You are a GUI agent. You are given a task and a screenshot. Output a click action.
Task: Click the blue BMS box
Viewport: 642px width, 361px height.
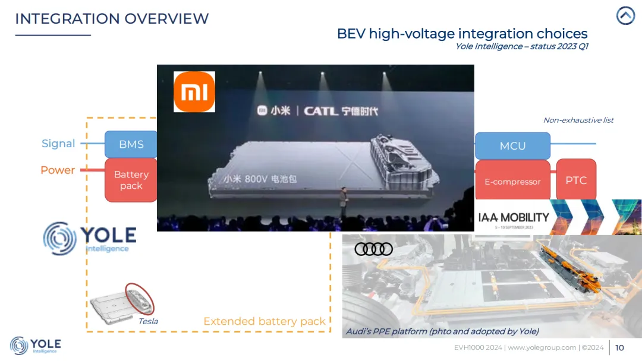[x=131, y=144]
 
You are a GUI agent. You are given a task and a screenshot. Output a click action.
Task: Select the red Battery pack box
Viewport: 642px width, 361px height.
[x=131, y=180]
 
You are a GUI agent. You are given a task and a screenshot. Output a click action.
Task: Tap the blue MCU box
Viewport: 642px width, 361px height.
[x=512, y=145]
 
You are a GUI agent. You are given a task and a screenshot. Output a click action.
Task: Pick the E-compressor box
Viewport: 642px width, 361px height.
[x=512, y=181]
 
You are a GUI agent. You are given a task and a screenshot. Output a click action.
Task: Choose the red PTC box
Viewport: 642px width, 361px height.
[x=576, y=180]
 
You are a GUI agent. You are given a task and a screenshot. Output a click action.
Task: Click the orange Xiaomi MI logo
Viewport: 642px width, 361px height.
[x=194, y=92]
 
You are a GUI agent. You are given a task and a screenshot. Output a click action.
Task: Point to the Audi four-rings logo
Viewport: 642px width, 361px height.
[x=374, y=249]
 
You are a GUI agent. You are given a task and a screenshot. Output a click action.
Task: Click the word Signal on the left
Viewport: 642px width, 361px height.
[x=58, y=144]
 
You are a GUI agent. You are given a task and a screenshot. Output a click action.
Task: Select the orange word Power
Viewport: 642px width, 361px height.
[x=58, y=170]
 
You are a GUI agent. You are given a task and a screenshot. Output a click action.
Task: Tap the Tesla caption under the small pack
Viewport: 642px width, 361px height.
[x=148, y=321]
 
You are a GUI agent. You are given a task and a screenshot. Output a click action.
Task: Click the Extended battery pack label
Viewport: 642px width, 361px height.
[x=265, y=321]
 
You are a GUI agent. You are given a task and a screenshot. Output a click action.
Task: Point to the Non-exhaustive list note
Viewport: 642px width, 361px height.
[x=578, y=120]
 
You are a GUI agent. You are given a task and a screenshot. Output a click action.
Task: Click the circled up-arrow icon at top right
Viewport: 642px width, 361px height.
[x=625, y=16]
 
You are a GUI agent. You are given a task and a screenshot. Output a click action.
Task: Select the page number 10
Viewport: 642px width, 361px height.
[x=619, y=347]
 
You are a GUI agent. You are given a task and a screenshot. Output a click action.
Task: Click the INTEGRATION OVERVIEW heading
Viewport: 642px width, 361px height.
[x=112, y=18]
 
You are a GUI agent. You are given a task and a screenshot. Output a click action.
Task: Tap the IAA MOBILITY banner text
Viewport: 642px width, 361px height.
[x=514, y=218]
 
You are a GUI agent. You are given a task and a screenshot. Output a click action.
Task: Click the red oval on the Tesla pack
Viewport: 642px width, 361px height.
[x=140, y=298]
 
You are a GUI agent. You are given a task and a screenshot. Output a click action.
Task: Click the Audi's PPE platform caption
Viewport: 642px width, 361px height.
[x=442, y=331]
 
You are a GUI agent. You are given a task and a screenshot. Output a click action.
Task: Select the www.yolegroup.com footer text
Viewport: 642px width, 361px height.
[x=542, y=347]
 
